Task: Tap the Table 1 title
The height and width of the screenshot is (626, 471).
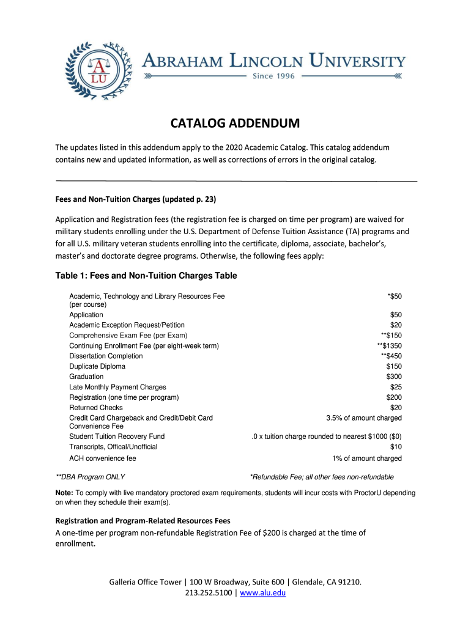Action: point(146,276)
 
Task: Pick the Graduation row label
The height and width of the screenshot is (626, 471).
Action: point(86,377)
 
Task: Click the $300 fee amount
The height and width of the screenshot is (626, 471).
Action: point(394,377)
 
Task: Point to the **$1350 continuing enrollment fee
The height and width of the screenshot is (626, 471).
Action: point(389,345)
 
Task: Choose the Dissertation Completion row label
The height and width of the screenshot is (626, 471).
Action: point(106,356)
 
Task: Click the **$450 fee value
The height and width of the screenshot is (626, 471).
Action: point(391,356)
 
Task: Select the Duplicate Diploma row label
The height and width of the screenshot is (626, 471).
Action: point(97,366)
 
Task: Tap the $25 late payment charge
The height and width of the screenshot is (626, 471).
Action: point(396,387)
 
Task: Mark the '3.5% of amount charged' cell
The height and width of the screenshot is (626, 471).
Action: point(364,418)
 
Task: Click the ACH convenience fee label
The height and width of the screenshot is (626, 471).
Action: point(103,458)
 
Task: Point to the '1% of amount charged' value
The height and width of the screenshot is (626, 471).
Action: point(366,458)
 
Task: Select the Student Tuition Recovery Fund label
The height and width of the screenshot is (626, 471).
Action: point(117,436)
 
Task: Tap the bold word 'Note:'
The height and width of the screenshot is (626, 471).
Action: point(64,493)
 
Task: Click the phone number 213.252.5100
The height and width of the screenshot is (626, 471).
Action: point(207,592)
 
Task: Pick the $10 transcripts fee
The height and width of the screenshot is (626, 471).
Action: point(396,447)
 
